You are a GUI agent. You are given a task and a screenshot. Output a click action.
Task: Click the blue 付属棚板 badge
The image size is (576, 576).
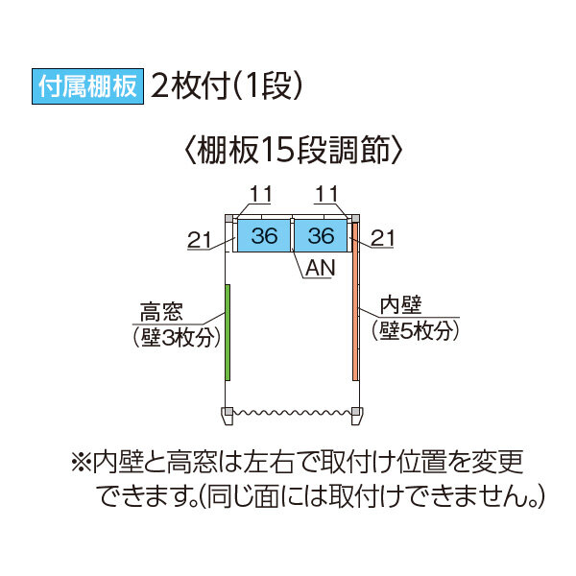[87, 85]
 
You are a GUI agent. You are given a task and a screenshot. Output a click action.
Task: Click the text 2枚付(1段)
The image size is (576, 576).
[228, 85]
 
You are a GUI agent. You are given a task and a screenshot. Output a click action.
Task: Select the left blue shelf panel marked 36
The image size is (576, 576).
[262, 235]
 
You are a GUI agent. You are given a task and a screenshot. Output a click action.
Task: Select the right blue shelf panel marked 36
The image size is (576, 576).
[321, 235]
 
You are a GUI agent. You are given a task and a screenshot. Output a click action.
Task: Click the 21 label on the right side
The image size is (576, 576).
[383, 237]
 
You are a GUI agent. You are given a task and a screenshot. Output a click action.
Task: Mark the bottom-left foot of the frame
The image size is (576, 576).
[228, 415]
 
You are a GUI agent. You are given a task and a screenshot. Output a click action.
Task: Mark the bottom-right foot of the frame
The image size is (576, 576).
[356, 415]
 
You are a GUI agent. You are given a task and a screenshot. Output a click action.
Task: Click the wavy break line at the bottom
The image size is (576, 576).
[292, 412]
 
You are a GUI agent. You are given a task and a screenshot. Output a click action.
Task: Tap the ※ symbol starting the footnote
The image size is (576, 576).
[80, 462]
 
